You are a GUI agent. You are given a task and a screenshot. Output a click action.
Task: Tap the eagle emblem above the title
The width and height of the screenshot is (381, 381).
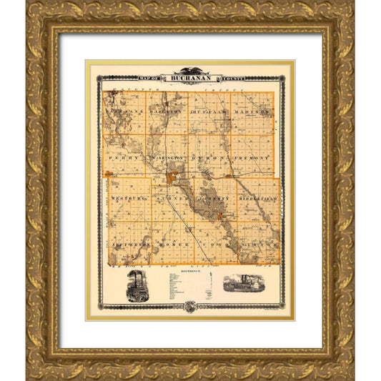190,70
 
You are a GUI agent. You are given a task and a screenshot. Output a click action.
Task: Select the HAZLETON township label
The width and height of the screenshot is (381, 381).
156,112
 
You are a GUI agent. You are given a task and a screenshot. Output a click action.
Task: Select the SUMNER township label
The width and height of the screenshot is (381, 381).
172,198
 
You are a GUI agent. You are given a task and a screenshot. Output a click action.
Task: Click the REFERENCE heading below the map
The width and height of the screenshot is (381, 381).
190,272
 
